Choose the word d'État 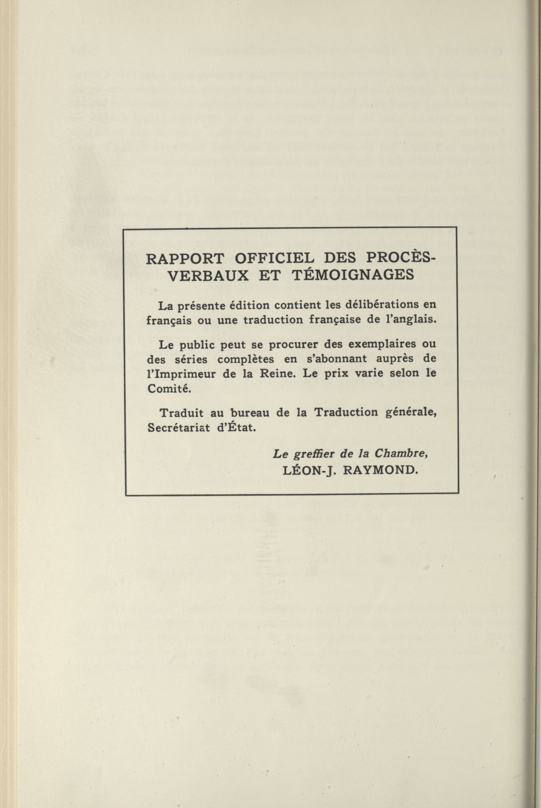[241, 428]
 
